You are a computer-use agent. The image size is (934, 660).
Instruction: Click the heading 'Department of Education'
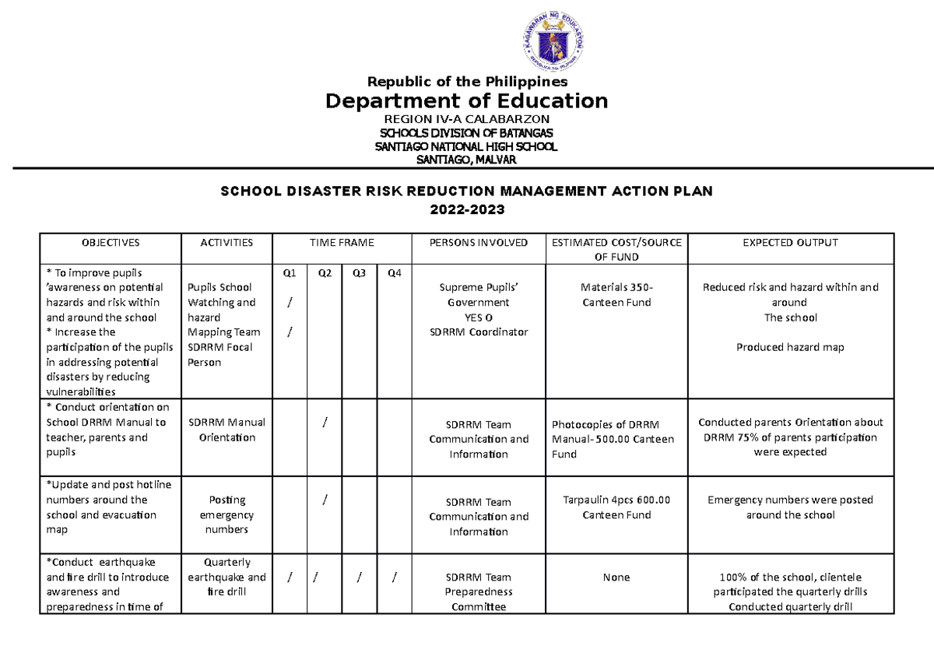(467, 100)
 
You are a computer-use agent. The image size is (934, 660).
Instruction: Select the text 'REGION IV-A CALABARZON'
(467, 119)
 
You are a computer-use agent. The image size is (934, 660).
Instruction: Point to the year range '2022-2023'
(467, 210)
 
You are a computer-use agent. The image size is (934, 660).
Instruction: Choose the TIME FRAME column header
(342, 243)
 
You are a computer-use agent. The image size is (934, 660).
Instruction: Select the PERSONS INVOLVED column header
(478, 243)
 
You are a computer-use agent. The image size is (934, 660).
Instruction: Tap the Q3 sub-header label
(359, 273)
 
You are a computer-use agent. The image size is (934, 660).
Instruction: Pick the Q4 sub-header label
(394, 273)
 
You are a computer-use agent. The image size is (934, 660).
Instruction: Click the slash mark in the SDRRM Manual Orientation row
(324, 422)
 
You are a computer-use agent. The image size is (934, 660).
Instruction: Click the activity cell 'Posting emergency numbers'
(226, 514)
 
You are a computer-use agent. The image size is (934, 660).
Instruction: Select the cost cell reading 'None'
(616, 577)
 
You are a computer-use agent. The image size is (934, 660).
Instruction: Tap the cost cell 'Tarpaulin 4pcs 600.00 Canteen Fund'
(616, 507)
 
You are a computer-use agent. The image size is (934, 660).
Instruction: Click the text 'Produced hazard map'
(790, 347)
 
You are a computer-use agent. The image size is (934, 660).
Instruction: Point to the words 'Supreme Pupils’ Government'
(478, 295)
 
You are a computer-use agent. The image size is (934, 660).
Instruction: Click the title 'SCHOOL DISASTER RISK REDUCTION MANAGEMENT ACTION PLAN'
(467, 191)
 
